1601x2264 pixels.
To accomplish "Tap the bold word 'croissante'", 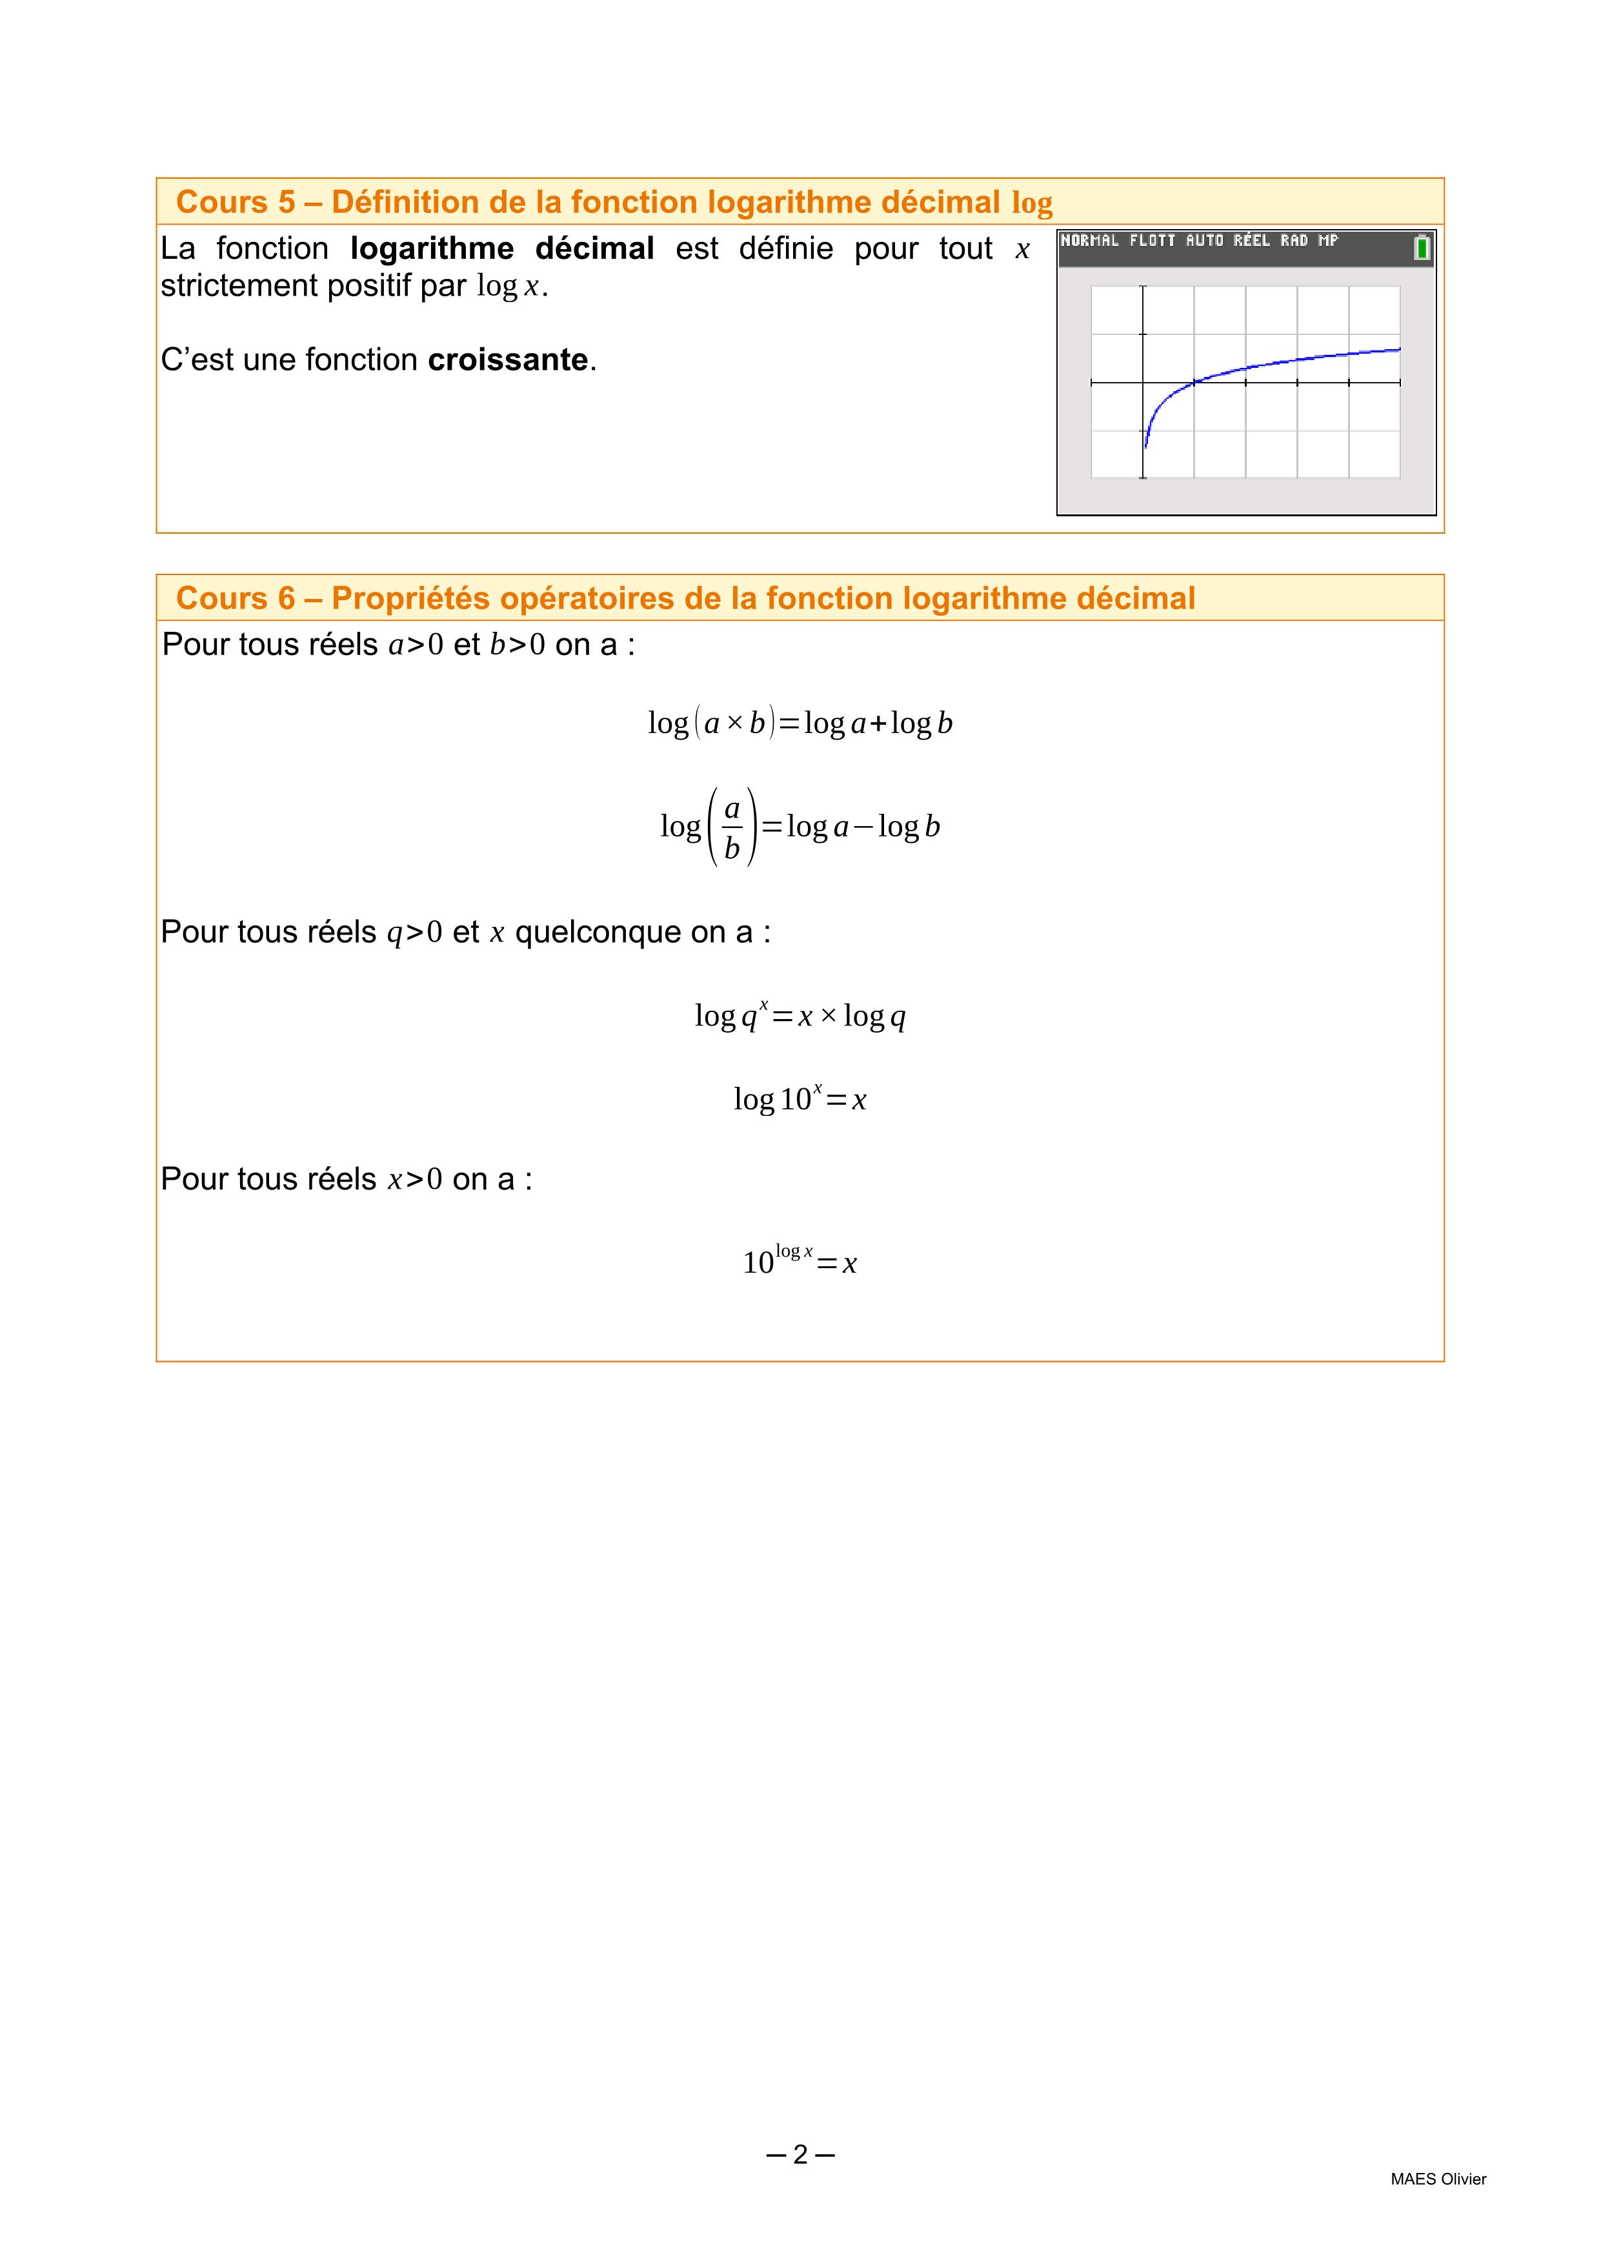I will click(x=508, y=360).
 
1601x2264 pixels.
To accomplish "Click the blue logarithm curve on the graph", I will click(x=1282, y=362).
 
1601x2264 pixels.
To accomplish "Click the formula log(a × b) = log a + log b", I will click(x=800, y=723).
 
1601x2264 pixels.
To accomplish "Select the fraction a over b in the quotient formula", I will click(x=732, y=828).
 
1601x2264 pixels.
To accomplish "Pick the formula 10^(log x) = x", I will click(x=800, y=1260).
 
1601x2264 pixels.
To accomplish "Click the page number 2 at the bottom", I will click(x=800, y=2154).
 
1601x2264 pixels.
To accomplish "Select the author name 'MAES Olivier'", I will click(x=1437, y=2179).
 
